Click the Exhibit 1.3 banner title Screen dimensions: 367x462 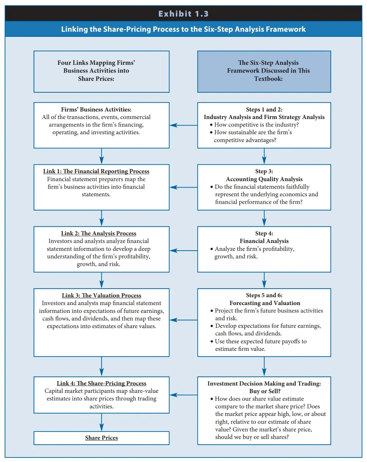(x=183, y=14)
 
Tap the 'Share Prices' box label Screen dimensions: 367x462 (x=101, y=438)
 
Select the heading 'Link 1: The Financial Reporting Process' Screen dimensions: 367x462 (x=96, y=171)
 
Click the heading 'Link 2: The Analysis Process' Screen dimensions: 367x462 (x=99, y=233)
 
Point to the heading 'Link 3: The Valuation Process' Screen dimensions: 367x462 (x=101, y=295)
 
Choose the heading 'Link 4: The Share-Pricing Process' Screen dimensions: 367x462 (x=101, y=383)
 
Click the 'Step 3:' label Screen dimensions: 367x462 (x=264, y=171)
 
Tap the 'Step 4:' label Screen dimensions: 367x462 (x=264, y=233)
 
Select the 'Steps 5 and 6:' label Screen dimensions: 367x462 (x=264, y=295)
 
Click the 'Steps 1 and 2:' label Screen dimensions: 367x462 (x=264, y=109)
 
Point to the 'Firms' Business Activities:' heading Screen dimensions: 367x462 (x=96, y=109)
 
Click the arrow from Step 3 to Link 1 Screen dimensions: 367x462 (x=183, y=187)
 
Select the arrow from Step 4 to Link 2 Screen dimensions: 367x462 (x=183, y=250)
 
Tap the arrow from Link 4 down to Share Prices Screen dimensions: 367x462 (x=101, y=422)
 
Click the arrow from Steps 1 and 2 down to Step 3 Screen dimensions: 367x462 (x=264, y=156)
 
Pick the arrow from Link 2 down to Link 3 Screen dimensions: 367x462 (x=101, y=280)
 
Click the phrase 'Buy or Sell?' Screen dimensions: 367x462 (x=265, y=391)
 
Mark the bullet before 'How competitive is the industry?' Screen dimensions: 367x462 (x=211, y=125)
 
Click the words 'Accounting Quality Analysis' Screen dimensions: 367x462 (x=264, y=179)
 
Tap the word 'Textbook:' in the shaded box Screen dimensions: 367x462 (x=268, y=79)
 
